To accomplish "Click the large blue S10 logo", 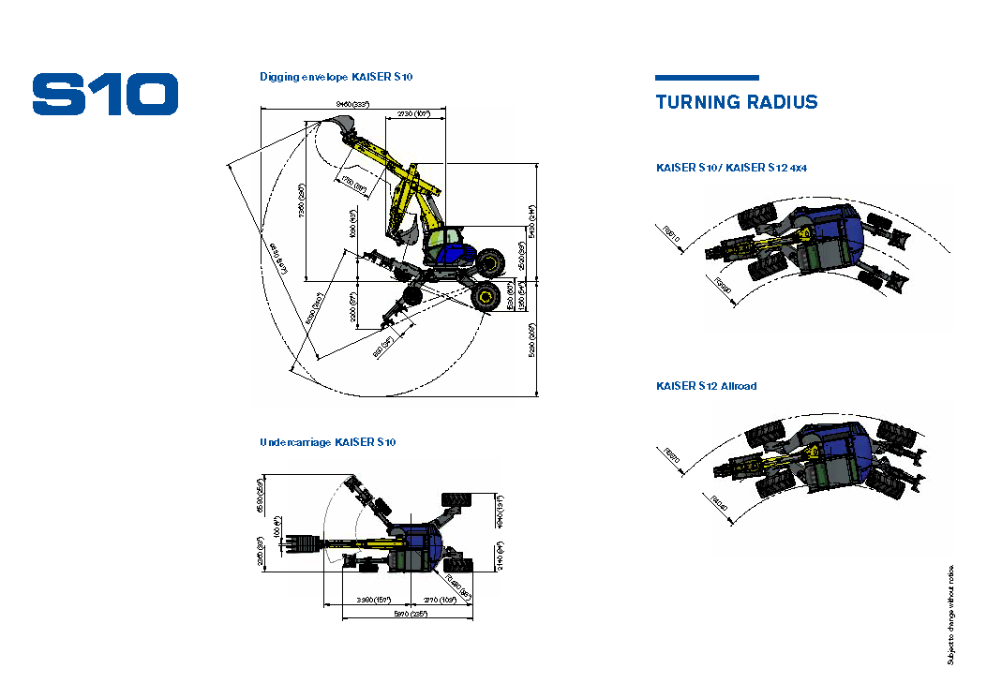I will [105, 94].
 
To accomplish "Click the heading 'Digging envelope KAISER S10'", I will [336, 77].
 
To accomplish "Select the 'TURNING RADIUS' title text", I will [737, 103].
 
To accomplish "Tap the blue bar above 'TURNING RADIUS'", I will [707, 78].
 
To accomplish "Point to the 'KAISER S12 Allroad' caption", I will [707, 386].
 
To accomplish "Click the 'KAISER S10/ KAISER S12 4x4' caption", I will [731, 168].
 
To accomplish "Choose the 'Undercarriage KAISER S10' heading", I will [327, 442].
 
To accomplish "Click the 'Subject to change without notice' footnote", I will [950, 615].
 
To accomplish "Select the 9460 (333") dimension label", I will [353, 103].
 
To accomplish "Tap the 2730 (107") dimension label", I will [413, 114].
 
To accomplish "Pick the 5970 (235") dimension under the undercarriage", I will [410, 614].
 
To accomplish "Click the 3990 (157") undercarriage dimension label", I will [374, 600].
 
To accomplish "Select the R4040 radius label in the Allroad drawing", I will [720, 505].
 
